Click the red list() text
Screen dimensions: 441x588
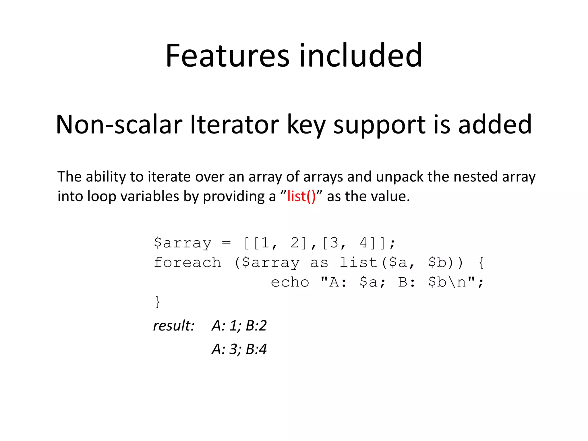(x=301, y=196)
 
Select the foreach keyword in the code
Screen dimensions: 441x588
(x=187, y=262)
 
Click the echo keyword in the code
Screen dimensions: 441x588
(x=290, y=282)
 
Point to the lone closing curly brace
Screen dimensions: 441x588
(x=157, y=302)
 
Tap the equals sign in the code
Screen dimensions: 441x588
(x=226, y=243)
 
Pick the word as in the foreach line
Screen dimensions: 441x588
(x=319, y=263)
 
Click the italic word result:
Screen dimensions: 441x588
(x=174, y=326)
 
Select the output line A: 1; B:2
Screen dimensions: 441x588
(x=239, y=326)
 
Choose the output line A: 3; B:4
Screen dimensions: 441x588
(x=239, y=349)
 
